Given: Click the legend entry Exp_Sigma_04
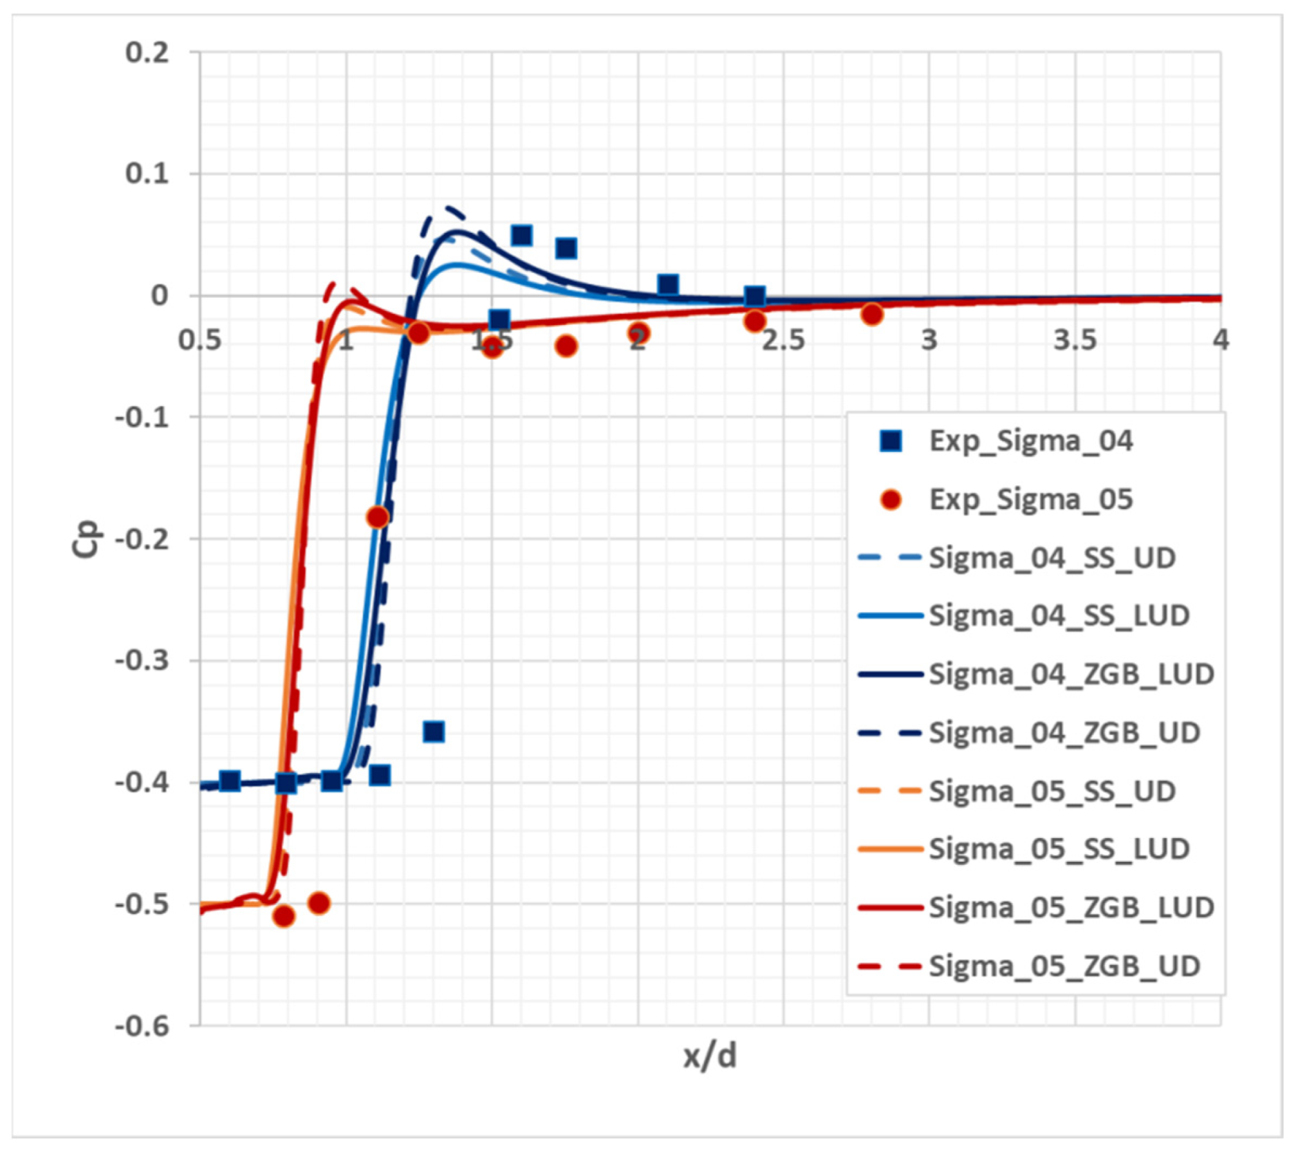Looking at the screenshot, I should [x=1030, y=441].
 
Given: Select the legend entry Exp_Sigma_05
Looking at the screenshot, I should [x=1030, y=500].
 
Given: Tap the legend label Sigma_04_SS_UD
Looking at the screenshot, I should [x=1052, y=558].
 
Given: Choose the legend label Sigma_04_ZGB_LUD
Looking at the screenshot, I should [x=1071, y=674].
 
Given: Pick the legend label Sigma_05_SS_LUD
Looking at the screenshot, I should [x=1058, y=849].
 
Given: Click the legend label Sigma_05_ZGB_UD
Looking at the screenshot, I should [x=1064, y=966].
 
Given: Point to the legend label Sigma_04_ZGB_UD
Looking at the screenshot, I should [x=1064, y=732].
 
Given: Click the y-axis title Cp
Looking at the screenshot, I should [x=86, y=539].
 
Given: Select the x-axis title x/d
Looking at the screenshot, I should [x=710, y=1055].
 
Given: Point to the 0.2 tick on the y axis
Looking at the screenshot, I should [x=147, y=53].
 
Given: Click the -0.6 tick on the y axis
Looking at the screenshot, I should [x=142, y=1026].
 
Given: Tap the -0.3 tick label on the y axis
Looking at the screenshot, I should [x=142, y=661].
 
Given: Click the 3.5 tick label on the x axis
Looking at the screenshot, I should [x=1075, y=339].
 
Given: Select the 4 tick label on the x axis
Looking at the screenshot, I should [x=1220, y=339].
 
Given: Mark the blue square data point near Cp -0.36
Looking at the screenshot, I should [x=433, y=731].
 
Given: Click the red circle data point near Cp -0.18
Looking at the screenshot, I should [x=378, y=517].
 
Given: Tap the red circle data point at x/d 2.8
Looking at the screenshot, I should [x=872, y=313].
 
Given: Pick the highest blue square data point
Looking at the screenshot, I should [x=521, y=235].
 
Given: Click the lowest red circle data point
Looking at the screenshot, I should [x=284, y=916].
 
